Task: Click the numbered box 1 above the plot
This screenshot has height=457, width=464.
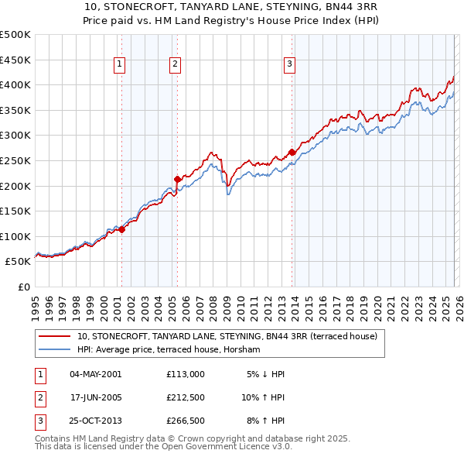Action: click(x=121, y=65)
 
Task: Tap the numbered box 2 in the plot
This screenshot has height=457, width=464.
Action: click(x=176, y=65)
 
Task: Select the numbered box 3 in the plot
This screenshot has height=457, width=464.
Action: click(x=289, y=65)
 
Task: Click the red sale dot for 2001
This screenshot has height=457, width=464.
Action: click(x=121, y=229)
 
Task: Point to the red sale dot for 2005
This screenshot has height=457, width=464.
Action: click(x=177, y=179)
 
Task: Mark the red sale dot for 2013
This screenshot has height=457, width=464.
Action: click(x=292, y=152)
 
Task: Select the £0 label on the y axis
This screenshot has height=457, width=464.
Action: click(x=24, y=287)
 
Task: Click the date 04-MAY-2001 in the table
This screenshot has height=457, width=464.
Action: click(x=95, y=374)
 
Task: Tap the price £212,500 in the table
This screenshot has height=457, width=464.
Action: click(x=186, y=398)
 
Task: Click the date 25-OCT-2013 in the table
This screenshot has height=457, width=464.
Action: click(x=95, y=422)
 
